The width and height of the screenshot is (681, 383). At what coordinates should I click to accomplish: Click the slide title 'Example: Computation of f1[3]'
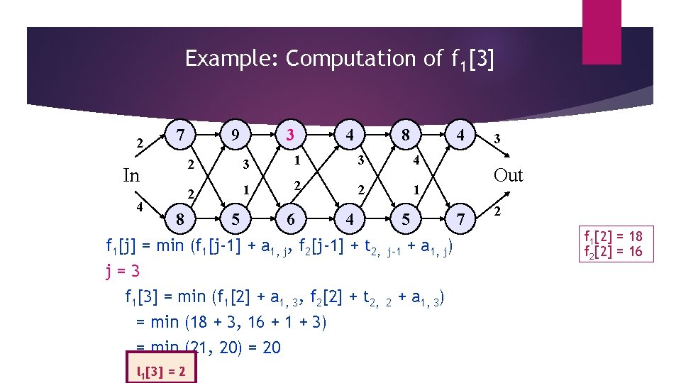click(339, 59)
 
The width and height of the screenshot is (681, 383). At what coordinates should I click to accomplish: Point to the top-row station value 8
click(405, 134)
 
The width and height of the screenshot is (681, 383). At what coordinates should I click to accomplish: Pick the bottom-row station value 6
click(290, 220)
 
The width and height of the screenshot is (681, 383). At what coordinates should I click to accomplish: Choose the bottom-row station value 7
click(462, 220)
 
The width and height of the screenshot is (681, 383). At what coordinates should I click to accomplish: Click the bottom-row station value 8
click(181, 220)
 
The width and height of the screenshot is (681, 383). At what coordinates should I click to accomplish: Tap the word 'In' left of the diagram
click(131, 176)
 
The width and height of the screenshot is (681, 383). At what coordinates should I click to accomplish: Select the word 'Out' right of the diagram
click(508, 175)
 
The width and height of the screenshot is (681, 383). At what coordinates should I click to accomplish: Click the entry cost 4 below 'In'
click(140, 207)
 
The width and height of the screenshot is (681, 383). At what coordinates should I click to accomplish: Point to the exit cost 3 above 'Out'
click(497, 140)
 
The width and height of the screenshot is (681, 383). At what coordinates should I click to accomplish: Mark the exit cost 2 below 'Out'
click(497, 212)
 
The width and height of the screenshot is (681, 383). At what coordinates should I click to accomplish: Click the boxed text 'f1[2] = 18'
click(612, 236)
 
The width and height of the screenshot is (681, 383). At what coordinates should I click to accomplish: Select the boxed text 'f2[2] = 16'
click(612, 251)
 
